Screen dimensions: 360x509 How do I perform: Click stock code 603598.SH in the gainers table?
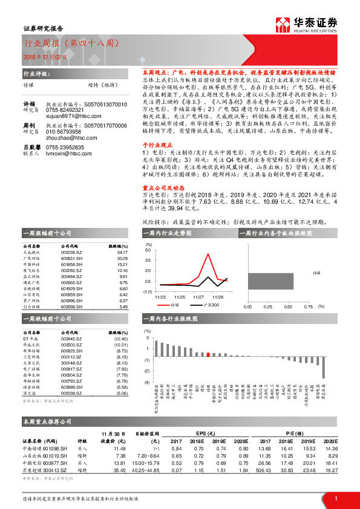pos(72,307)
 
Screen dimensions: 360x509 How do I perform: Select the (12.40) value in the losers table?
pos(121,338)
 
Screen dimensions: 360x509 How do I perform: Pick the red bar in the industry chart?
pos(208,355)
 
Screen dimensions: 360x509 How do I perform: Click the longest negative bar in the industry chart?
pos(324,368)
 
